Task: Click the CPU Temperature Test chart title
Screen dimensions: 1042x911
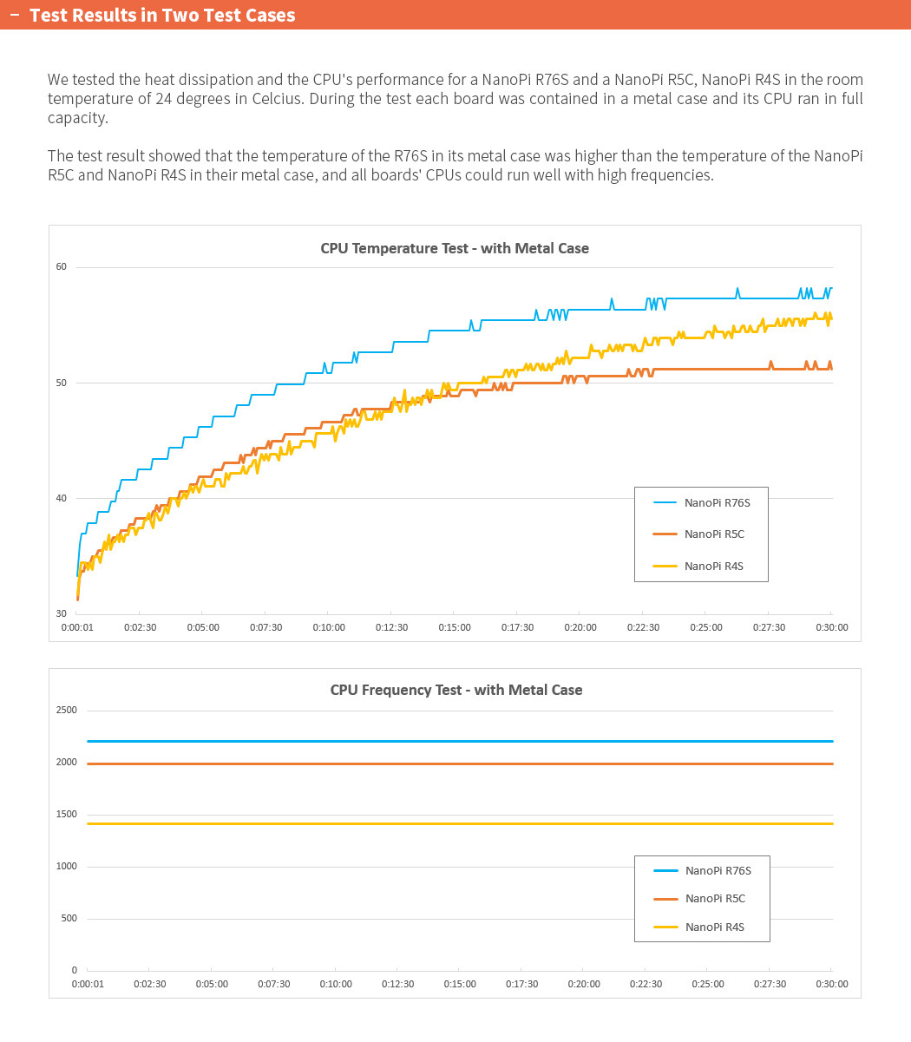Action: (x=455, y=248)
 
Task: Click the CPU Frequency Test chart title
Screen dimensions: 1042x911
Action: (x=456, y=690)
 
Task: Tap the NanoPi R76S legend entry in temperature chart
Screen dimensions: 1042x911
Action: (x=717, y=502)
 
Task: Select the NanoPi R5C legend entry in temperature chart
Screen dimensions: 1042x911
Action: (x=714, y=534)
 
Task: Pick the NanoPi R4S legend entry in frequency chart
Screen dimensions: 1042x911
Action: (x=714, y=927)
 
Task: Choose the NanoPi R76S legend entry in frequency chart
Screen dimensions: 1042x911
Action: (x=718, y=870)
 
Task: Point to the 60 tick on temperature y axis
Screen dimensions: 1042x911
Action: (x=61, y=266)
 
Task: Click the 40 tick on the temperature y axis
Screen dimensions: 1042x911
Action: (x=61, y=498)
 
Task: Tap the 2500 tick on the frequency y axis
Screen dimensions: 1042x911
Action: (x=67, y=710)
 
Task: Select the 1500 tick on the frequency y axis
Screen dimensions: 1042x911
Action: (x=67, y=814)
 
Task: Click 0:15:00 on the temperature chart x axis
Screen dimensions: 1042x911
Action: (x=455, y=627)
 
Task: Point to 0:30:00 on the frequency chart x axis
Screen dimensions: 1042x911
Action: (x=831, y=984)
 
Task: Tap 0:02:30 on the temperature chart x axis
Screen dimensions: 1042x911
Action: (x=140, y=627)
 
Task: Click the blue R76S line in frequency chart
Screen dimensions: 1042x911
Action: (x=434, y=741)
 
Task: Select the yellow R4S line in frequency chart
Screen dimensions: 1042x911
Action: (x=434, y=823)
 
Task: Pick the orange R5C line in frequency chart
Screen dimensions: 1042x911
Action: (x=434, y=763)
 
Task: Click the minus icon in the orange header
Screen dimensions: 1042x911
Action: (x=14, y=15)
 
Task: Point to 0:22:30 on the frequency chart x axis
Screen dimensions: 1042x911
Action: (x=645, y=984)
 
